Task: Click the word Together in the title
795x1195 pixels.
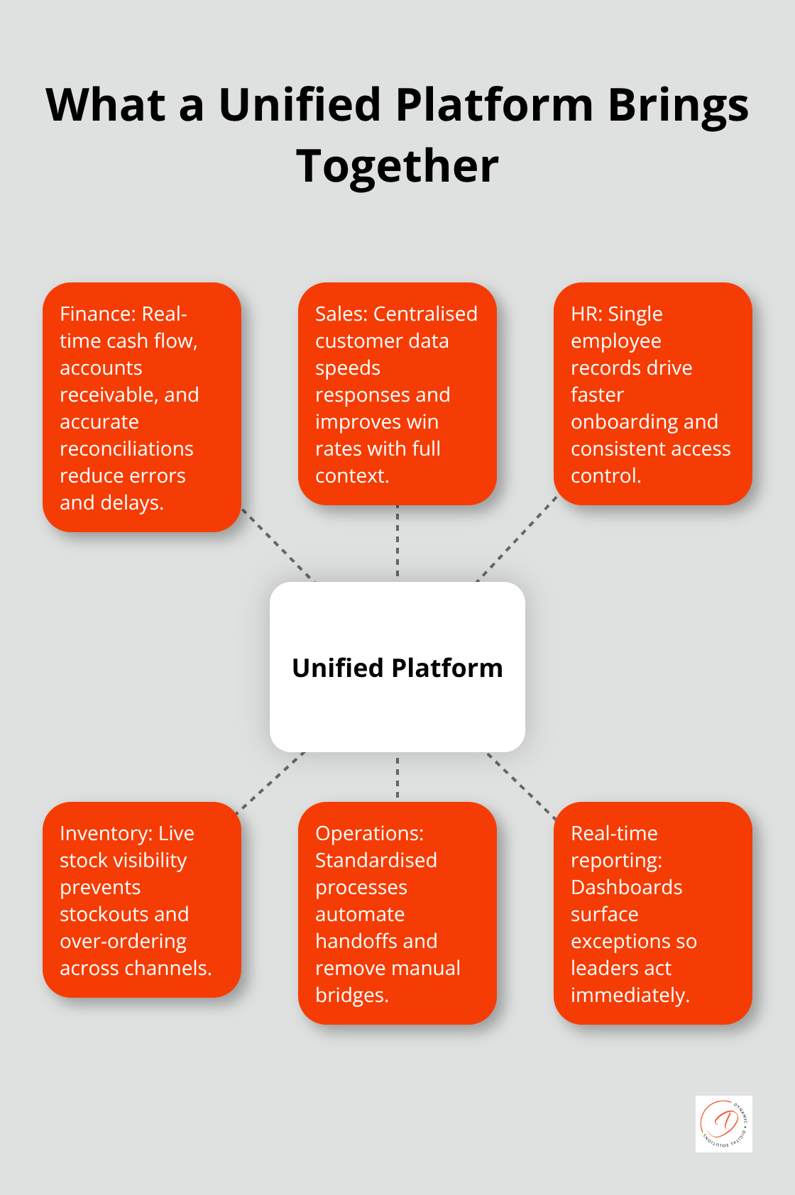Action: pos(397,167)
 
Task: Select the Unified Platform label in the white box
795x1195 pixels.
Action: pos(397,668)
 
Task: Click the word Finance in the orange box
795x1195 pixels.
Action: pos(97,314)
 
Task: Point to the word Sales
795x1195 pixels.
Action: pos(341,314)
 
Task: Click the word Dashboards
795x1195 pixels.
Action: pos(626,887)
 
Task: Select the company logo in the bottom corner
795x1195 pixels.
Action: pos(723,1123)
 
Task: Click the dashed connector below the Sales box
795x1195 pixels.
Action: pos(397,541)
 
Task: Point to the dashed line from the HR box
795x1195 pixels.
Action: pos(517,541)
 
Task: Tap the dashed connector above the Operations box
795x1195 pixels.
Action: pos(397,777)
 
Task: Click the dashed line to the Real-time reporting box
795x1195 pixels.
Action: pos(522,786)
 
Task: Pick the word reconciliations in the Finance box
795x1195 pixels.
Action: pos(126,448)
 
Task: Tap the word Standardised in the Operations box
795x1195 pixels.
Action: pos(375,860)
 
